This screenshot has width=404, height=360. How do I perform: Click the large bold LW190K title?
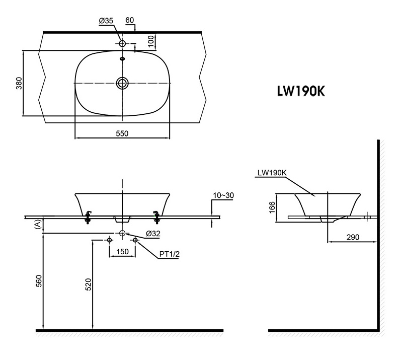tap(300, 92)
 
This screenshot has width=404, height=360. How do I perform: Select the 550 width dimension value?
tap(122, 133)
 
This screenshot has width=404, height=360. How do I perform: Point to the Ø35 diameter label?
tap(106, 21)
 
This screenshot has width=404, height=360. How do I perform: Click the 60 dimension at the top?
tap(130, 21)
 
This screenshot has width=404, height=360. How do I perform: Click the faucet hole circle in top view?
tap(122, 44)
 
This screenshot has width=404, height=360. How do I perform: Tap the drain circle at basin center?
tap(122, 83)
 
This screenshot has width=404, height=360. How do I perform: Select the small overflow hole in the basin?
tap(122, 58)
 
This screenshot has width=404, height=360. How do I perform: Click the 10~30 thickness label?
tap(223, 196)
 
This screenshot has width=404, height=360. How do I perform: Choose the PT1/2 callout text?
tap(170, 255)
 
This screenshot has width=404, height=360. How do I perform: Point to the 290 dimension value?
tap(352, 237)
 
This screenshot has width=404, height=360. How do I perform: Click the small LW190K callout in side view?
tap(271, 172)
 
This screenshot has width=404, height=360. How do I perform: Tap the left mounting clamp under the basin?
tap(89, 216)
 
